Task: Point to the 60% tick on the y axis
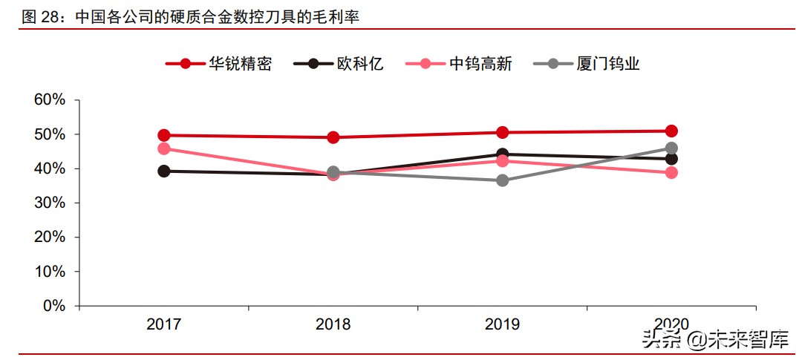coord(50,100)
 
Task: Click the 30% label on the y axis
coord(50,203)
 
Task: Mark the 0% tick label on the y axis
coord(54,306)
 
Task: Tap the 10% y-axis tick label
coord(50,272)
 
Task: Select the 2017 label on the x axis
coord(164,324)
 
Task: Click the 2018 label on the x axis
coord(333,324)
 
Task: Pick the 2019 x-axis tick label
coord(502,324)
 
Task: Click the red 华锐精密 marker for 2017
coord(164,135)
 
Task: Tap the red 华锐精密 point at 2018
coord(333,137)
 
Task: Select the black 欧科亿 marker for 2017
coord(164,171)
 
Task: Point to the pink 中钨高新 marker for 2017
coord(164,148)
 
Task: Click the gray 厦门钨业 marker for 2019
coord(502,180)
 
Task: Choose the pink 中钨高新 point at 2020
coord(671,172)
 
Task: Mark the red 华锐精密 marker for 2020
coord(671,131)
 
